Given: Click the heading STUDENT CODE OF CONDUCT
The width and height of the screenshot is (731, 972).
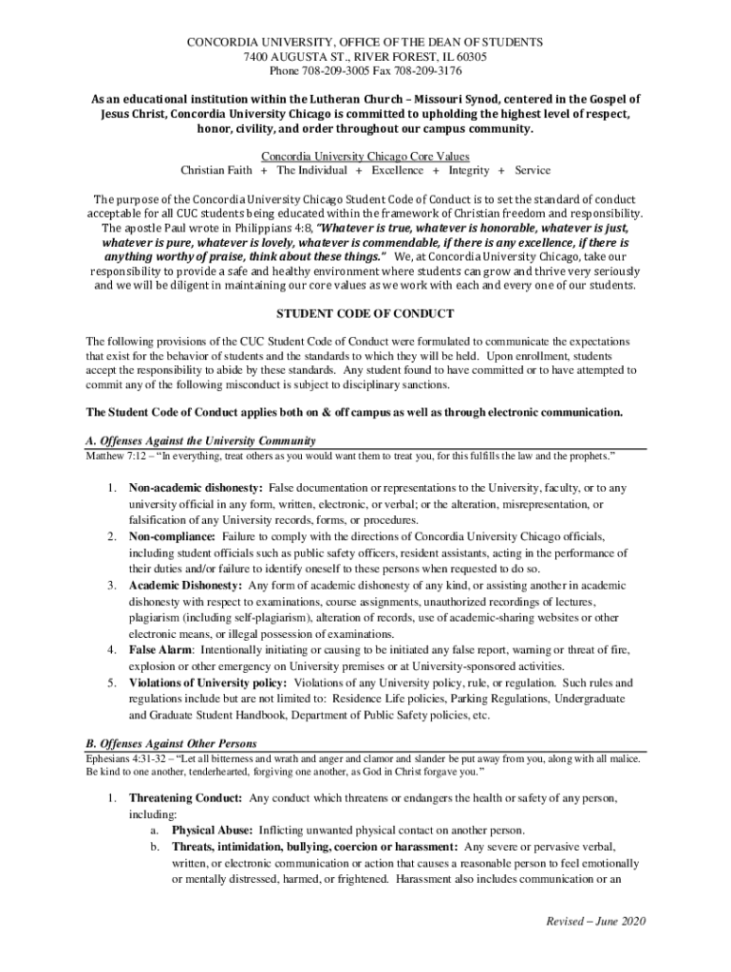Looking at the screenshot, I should point(365,313).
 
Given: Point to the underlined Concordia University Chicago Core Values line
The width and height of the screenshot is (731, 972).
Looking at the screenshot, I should point(365,156).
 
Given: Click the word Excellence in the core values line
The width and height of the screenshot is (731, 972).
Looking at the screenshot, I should point(397,170).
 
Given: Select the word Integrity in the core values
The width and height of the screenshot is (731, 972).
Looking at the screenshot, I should point(469,170).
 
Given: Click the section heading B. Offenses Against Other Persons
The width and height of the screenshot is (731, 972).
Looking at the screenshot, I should point(171,742).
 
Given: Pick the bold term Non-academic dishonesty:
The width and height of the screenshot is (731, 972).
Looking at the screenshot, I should point(196,488).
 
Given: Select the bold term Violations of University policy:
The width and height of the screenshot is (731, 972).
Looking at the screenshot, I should point(208,682).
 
